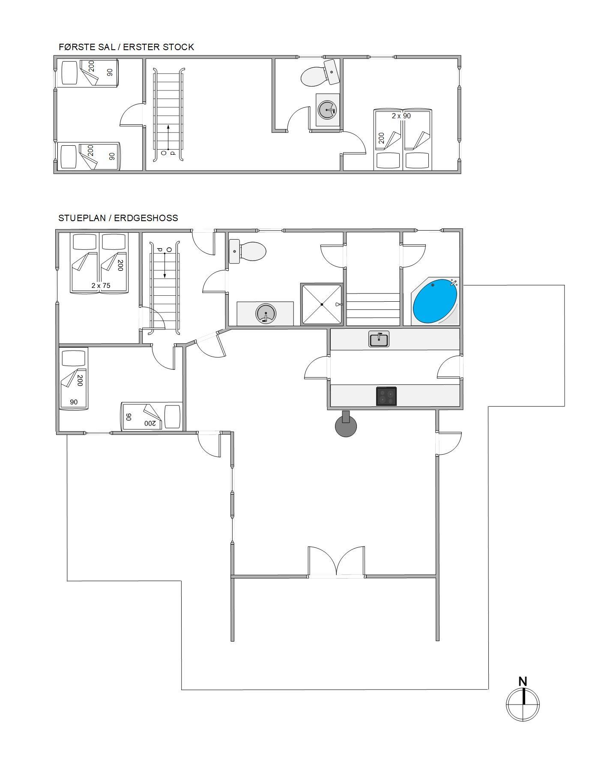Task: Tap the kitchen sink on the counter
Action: (379, 339)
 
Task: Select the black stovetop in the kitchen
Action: (386, 396)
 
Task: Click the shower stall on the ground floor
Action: (322, 304)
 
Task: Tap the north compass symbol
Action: (523, 704)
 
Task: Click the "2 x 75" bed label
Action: (101, 285)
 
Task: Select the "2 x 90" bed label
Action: (401, 116)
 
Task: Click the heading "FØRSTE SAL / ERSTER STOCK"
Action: (126, 47)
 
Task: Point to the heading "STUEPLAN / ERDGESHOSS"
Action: (118, 218)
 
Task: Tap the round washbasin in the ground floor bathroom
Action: (266, 313)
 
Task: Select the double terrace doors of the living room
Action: (337, 561)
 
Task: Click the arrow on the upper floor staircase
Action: (168, 137)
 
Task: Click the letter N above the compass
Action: (523, 681)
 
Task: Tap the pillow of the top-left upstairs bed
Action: (69, 73)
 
